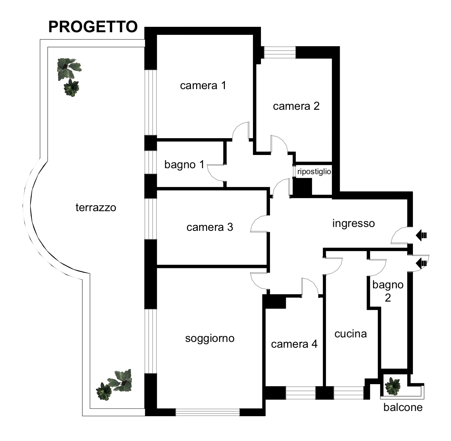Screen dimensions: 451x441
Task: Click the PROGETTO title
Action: click(x=93, y=27)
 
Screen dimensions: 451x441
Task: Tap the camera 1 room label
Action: click(x=203, y=85)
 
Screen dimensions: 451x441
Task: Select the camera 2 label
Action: click(x=296, y=106)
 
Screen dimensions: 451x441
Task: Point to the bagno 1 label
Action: click(x=184, y=165)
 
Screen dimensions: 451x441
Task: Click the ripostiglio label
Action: click(x=314, y=171)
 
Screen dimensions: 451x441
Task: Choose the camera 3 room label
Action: click(x=210, y=227)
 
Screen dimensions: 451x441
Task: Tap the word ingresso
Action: click(x=354, y=223)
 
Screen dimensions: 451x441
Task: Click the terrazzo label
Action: click(x=96, y=207)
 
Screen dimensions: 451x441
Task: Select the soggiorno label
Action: click(x=210, y=338)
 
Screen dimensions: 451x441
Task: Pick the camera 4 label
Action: click(x=294, y=344)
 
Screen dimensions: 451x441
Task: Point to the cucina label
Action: click(x=351, y=334)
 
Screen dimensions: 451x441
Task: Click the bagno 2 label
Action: click(x=388, y=291)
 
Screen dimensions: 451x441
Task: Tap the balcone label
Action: click(x=403, y=407)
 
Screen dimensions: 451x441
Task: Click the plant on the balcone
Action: click(x=392, y=386)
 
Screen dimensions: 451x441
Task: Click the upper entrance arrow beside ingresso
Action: click(x=421, y=235)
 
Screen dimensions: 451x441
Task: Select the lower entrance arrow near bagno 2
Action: click(x=421, y=263)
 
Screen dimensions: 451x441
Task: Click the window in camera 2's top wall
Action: click(x=280, y=52)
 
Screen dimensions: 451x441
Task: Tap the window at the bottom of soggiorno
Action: click(x=207, y=412)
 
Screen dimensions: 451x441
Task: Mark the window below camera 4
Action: click(x=301, y=393)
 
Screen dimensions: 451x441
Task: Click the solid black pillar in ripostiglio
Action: click(x=303, y=186)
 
